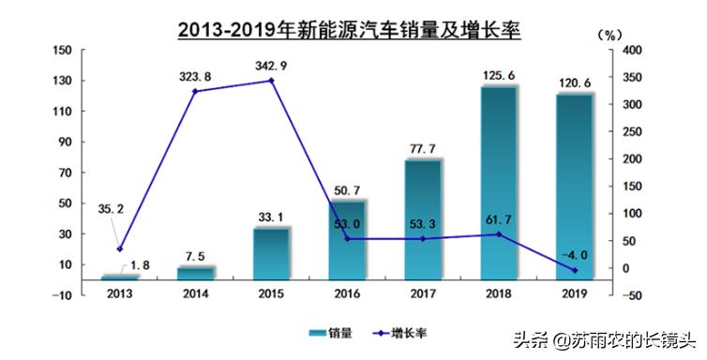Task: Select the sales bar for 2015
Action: point(271,253)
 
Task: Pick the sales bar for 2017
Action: point(422,219)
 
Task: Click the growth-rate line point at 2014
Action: point(195,91)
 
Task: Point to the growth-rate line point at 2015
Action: point(271,81)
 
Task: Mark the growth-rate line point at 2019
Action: point(574,271)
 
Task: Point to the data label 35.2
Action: point(111,210)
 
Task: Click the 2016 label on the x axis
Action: point(347,294)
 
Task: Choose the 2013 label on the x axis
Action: point(119,294)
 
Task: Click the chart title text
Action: point(349,27)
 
